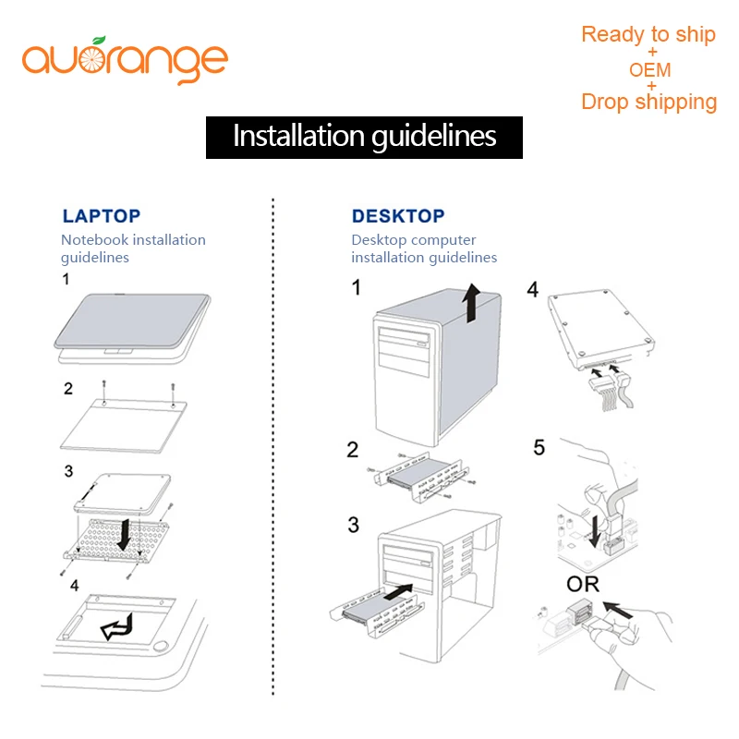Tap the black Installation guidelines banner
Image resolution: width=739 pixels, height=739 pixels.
tap(364, 137)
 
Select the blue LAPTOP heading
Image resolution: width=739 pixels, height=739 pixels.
tap(102, 216)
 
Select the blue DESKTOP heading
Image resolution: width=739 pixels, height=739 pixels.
tap(398, 216)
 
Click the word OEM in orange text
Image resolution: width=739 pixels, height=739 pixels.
tap(649, 70)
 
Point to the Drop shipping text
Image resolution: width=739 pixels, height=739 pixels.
tap(648, 102)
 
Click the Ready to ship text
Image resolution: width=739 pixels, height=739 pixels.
tap(648, 35)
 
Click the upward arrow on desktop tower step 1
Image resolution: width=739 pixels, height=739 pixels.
tap(471, 304)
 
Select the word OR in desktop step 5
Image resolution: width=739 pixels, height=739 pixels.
tap(582, 584)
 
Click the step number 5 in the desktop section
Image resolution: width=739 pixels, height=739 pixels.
tap(539, 448)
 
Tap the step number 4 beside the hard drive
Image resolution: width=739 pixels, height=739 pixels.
tap(532, 289)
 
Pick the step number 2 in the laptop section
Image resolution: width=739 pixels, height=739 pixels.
tap(68, 389)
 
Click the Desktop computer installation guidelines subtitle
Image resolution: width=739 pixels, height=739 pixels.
tap(424, 248)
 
